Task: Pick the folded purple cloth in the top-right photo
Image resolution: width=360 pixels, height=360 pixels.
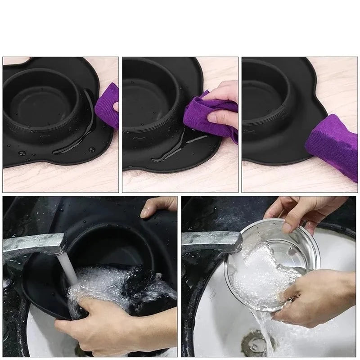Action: point(333,144)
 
